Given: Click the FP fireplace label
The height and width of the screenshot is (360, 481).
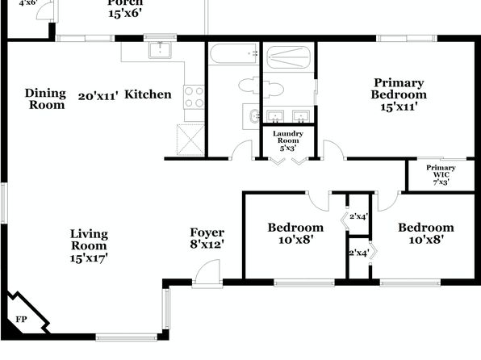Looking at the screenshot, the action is coord(21,320).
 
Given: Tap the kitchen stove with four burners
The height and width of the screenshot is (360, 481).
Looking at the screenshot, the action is coord(194,97).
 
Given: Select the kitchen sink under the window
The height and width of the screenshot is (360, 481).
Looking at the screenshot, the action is coord(160,50).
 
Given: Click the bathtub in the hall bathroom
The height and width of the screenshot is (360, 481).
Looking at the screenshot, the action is coord(234,54).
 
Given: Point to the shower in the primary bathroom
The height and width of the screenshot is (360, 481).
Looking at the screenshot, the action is coord(288,57).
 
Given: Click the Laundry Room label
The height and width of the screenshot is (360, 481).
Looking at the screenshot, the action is coord(288,137).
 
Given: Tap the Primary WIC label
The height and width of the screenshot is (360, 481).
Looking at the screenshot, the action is coord(441,171).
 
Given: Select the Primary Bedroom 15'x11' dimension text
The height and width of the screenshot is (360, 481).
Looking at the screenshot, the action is coord(399,107).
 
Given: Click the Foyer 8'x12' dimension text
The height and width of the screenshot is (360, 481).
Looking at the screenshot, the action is coord(207,245).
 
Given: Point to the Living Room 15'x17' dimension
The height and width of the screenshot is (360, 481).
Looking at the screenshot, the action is coord(89,258).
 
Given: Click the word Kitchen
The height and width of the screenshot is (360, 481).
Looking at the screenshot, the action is coord(148,94).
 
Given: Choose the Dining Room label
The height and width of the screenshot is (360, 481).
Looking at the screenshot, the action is coord(45,98).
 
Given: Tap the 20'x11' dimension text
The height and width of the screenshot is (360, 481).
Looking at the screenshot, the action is coord(98,96).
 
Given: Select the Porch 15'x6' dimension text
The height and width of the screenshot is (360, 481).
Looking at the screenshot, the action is coord(125,13).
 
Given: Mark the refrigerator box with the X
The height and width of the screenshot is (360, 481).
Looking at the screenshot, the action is coord(190,140).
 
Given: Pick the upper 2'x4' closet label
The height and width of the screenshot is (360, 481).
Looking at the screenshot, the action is coord(359,216).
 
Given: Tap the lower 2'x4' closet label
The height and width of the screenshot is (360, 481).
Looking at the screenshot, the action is coord(359,253).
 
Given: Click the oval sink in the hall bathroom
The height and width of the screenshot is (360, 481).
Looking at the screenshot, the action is coord(254,116).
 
